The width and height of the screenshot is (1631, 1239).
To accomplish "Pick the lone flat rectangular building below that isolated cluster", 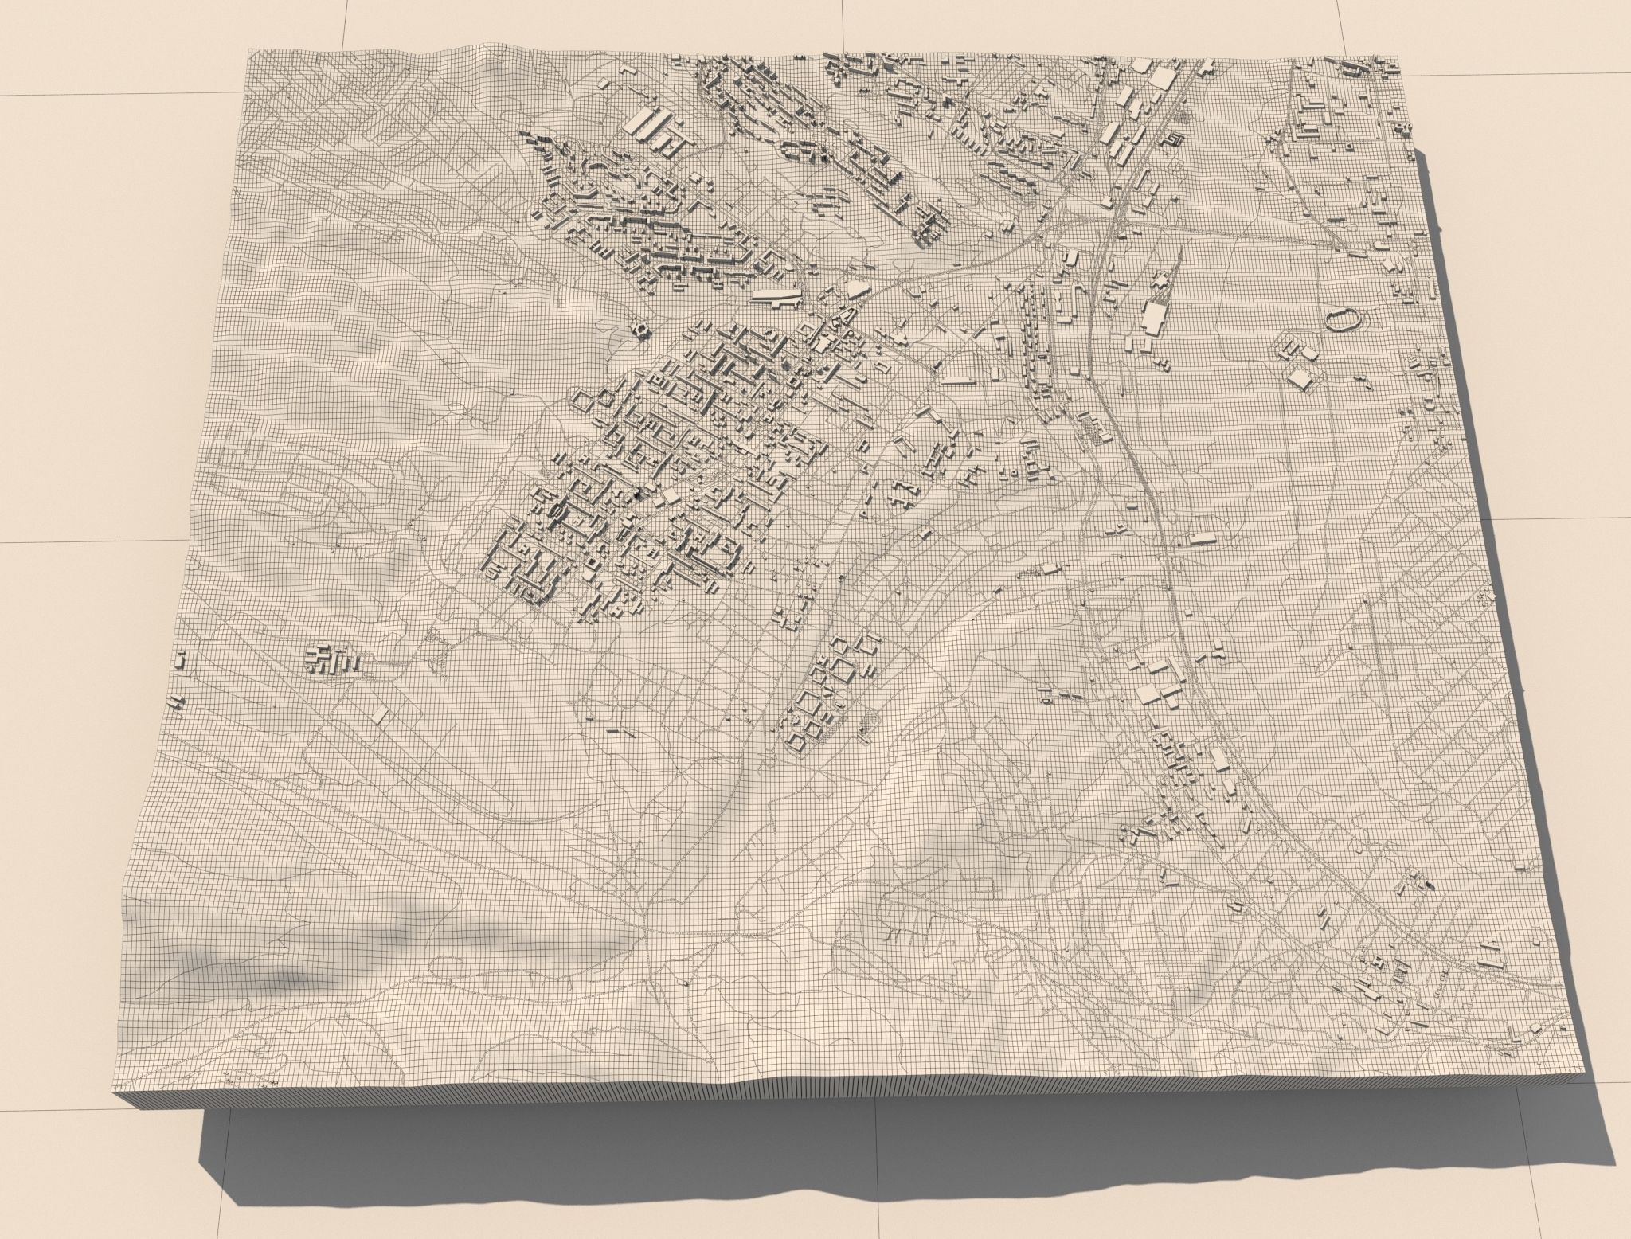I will [380, 713].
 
